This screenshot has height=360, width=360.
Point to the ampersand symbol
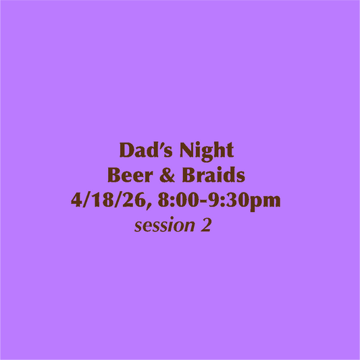point(168,176)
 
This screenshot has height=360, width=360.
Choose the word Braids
point(214,176)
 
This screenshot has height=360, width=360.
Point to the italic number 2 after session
point(205,226)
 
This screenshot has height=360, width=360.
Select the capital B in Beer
point(113,176)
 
